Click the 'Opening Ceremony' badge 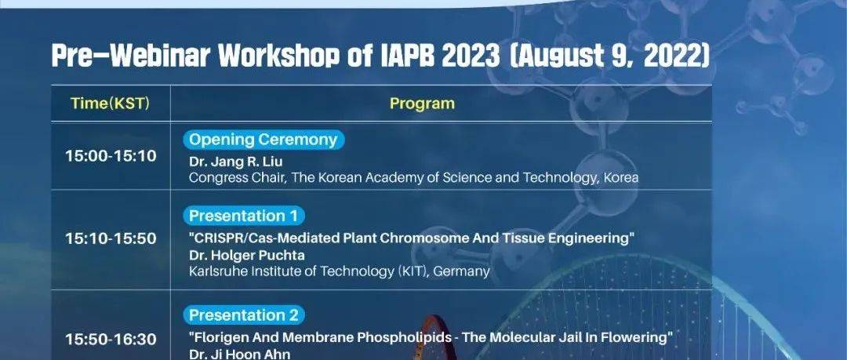coord(264,140)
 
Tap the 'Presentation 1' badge coord(245,216)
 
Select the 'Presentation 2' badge coord(245,315)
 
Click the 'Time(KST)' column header coord(110,103)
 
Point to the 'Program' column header coord(422,103)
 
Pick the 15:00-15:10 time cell coord(110,156)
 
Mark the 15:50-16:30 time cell coord(110,339)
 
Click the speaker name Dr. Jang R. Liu coord(231,162)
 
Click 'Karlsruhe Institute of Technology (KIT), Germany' coord(340,271)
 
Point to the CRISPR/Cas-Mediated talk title coord(411,238)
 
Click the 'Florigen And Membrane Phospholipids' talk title coord(431,337)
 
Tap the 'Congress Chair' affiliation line coord(413,178)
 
